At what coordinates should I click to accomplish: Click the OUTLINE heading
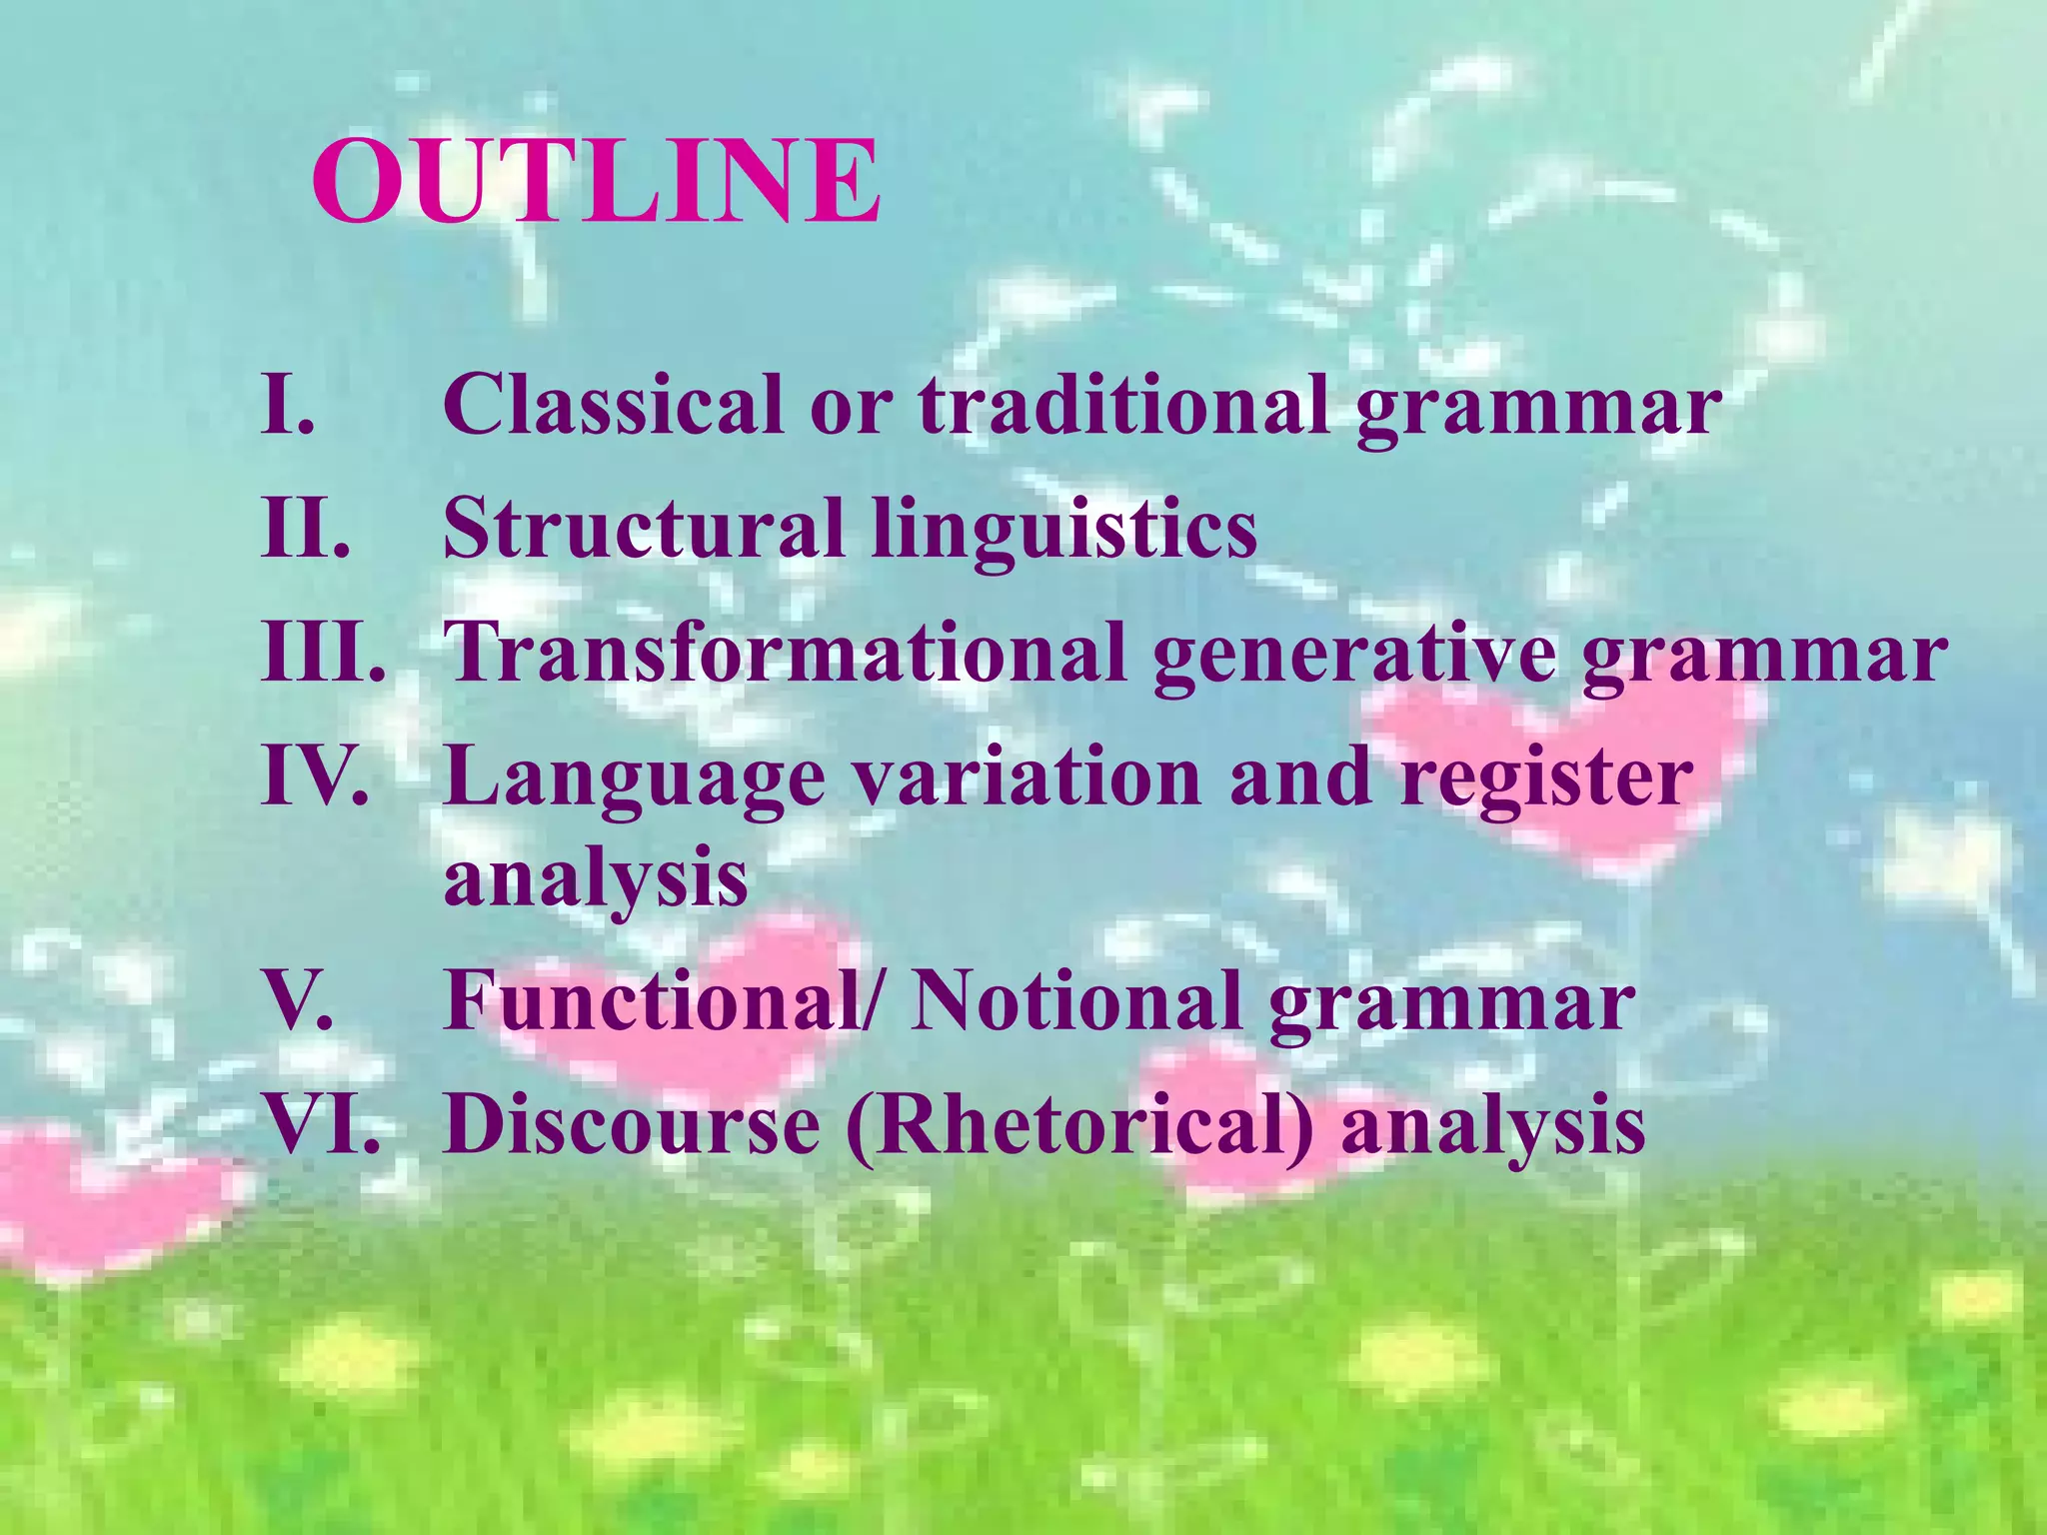597,182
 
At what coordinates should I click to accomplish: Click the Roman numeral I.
287,404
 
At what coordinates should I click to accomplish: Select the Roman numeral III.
323,652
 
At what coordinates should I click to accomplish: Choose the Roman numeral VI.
322,1123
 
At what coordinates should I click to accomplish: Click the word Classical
613,404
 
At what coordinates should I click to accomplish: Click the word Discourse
632,1123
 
